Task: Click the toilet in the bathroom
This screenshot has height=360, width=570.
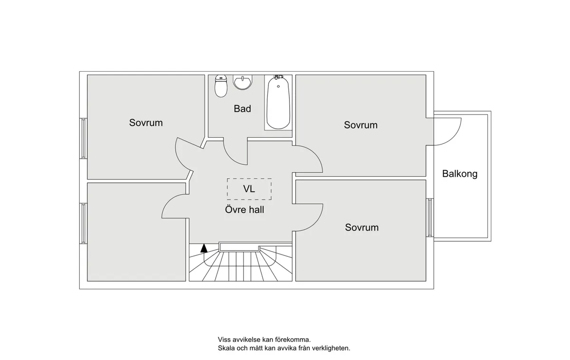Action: tap(221, 86)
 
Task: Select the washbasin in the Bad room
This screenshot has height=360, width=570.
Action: tap(242, 83)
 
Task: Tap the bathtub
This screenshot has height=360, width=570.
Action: tap(278, 103)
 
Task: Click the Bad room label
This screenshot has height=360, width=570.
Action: tap(242, 109)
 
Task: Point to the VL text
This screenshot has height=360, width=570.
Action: tap(249, 189)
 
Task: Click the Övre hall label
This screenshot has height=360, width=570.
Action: tap(245, 209)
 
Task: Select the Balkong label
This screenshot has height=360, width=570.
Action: tap(459, 174)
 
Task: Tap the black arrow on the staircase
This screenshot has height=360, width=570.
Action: tap(204, 247)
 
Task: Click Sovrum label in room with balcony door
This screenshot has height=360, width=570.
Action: tap(361, 125)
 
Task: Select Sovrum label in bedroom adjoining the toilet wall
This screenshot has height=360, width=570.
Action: tap(146, 123)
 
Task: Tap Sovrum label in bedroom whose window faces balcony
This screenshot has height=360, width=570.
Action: tap(361, 227)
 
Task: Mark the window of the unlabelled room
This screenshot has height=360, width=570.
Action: tap(84, 223)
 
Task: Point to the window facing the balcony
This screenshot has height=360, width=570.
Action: tap(429, 217)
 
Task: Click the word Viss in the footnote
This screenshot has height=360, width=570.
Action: tap(225, 340)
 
